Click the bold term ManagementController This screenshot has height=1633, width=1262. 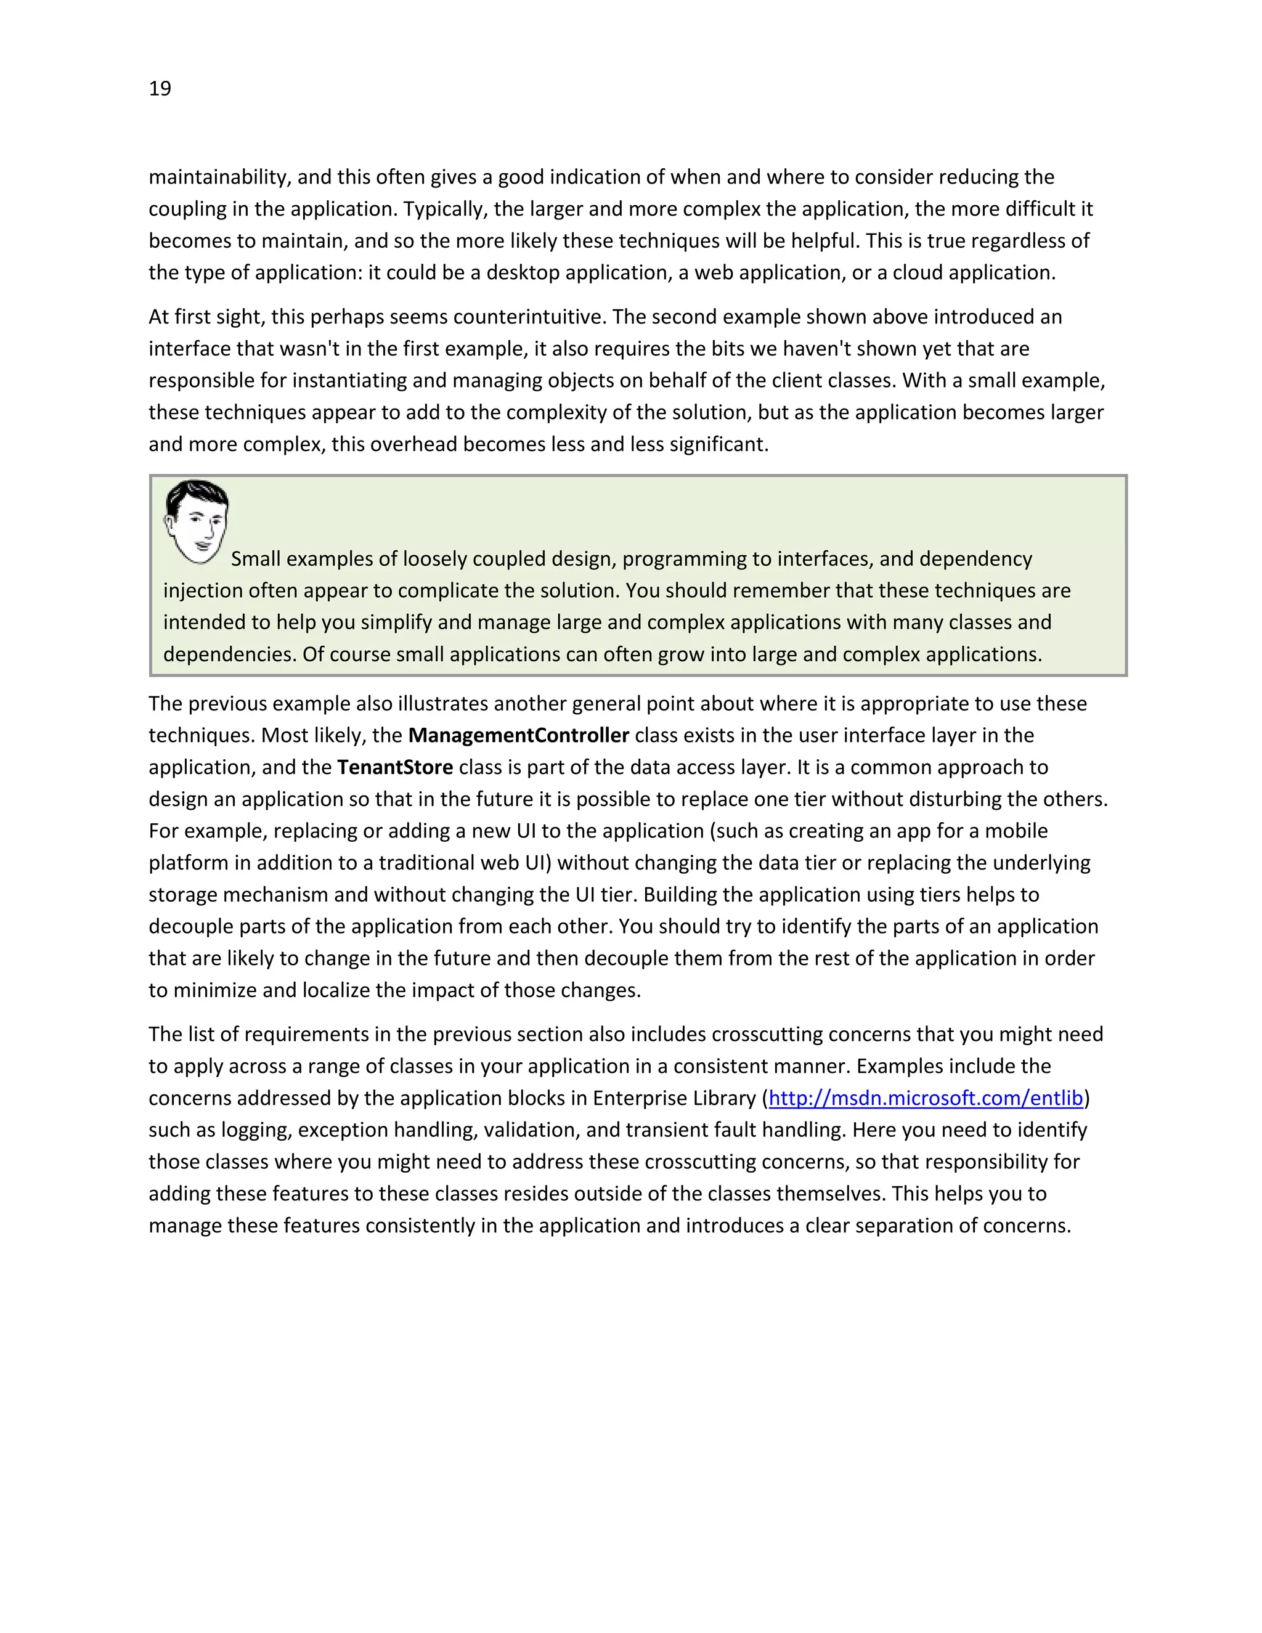(x=518, y=735)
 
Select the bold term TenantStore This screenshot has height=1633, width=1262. (x=395, y=767)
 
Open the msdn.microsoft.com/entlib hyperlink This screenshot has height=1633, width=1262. (x=926, y=1097)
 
